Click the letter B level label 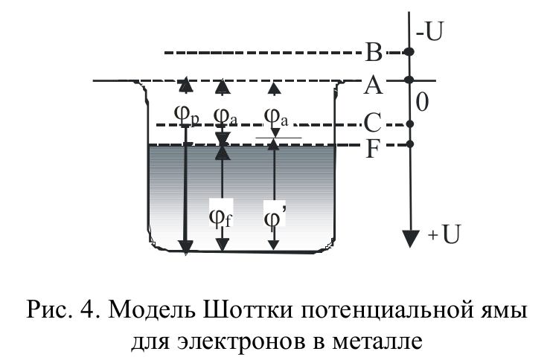click(x=374, y=53)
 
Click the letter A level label click(x=374, y=86)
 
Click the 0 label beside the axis click(x=422, y=102)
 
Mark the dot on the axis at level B click(x=408, y=52)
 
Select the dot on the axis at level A click(x=408, y=80)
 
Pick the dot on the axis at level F click(x=408, y=144)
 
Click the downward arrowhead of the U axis click(x=408, y=240)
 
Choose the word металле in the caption click(x=380, y=341)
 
